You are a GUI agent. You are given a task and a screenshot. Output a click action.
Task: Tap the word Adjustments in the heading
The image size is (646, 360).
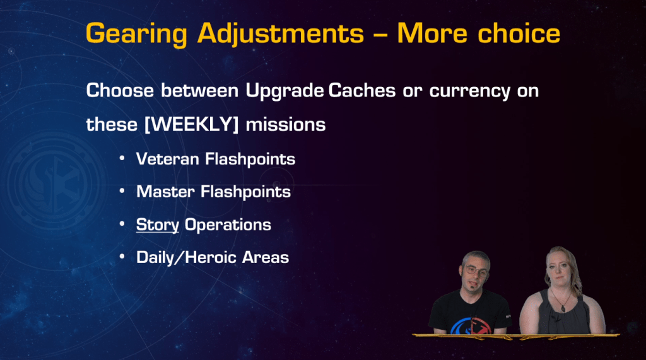pos(281,34)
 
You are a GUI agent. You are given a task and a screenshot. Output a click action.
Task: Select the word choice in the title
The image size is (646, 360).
pos(519,33)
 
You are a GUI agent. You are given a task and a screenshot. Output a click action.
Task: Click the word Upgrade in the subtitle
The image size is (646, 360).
pos(285,91)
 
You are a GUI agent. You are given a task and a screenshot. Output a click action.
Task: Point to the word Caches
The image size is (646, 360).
pos(361,90)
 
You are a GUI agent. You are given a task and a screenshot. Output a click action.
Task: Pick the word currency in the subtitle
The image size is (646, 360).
pos(469,91)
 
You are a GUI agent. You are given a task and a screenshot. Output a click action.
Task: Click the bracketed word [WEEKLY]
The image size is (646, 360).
pos(192,124)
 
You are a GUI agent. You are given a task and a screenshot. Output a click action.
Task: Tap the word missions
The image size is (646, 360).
pos(286,124)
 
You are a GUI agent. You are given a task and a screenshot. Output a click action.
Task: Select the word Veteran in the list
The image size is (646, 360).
pos(168,159)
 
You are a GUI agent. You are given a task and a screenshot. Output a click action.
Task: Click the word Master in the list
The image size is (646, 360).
pos(166,192)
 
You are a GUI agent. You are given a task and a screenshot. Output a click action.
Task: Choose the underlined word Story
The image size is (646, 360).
pos(158,225)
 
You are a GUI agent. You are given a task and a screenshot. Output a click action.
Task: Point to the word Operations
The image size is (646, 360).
pos(228,225)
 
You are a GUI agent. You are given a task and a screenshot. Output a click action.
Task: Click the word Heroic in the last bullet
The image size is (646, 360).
pos(211,257)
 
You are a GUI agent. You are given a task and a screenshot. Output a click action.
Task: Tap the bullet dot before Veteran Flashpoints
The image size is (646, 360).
pos(122,159)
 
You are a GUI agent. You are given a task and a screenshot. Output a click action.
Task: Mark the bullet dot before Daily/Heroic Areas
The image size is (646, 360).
pos(122,257)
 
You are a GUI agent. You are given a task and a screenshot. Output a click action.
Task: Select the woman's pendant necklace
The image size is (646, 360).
pos(563,307)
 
